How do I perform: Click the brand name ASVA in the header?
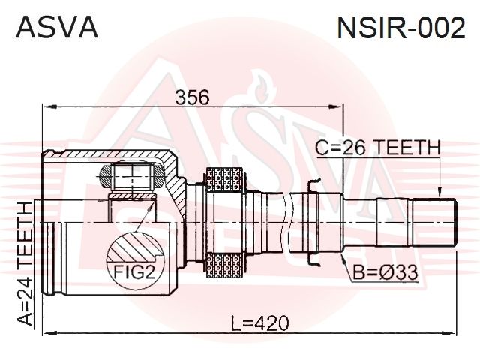57,28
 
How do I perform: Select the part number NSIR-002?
400,28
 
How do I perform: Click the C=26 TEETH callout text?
376,148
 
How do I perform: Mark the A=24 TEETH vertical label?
24,262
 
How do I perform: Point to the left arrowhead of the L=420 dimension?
40,331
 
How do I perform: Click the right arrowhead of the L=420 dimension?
452,331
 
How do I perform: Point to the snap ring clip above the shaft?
315,185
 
